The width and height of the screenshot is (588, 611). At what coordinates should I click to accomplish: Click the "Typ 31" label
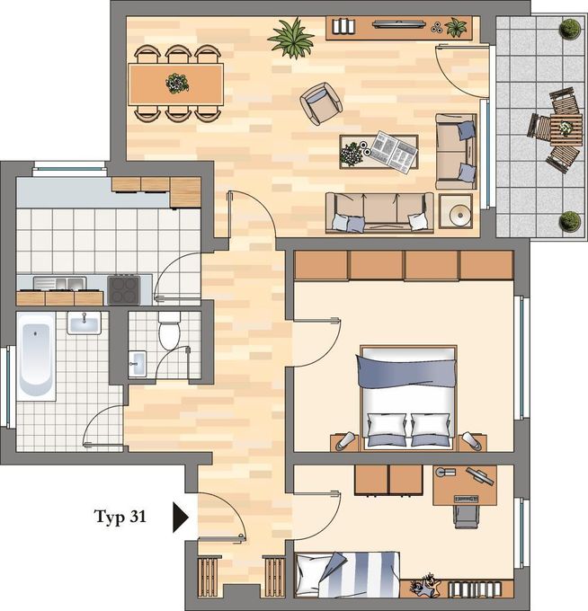[120, 517]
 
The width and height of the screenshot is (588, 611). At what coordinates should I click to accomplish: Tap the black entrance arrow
[180, 518]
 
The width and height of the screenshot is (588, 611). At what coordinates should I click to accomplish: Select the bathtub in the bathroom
[36, 356]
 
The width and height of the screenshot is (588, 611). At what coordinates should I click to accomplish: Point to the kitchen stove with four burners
[124, 290]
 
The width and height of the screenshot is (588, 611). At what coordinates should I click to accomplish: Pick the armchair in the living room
[321, 103]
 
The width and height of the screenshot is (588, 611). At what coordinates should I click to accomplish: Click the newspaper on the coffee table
[393, 151]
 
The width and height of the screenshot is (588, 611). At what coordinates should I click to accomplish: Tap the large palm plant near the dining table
[291, 38]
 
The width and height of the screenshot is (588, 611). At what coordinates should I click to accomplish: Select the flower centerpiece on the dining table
[177, 83]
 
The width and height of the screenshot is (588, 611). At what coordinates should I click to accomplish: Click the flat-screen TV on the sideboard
[398, 24]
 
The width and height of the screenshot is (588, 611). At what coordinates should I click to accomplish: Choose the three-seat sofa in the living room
[379, 213]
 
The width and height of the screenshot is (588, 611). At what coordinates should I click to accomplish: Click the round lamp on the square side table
[459, 214]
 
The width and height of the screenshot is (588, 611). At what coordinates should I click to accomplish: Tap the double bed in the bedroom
[408, 397]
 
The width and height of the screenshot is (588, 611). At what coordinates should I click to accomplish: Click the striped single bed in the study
[347, 574]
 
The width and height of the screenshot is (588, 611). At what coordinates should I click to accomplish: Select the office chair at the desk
[467, 516]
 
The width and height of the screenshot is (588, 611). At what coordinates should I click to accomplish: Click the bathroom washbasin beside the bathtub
[85, 323]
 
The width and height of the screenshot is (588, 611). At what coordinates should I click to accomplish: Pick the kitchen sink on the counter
[59, 283]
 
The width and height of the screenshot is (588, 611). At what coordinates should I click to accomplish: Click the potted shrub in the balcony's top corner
[570, 29]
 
